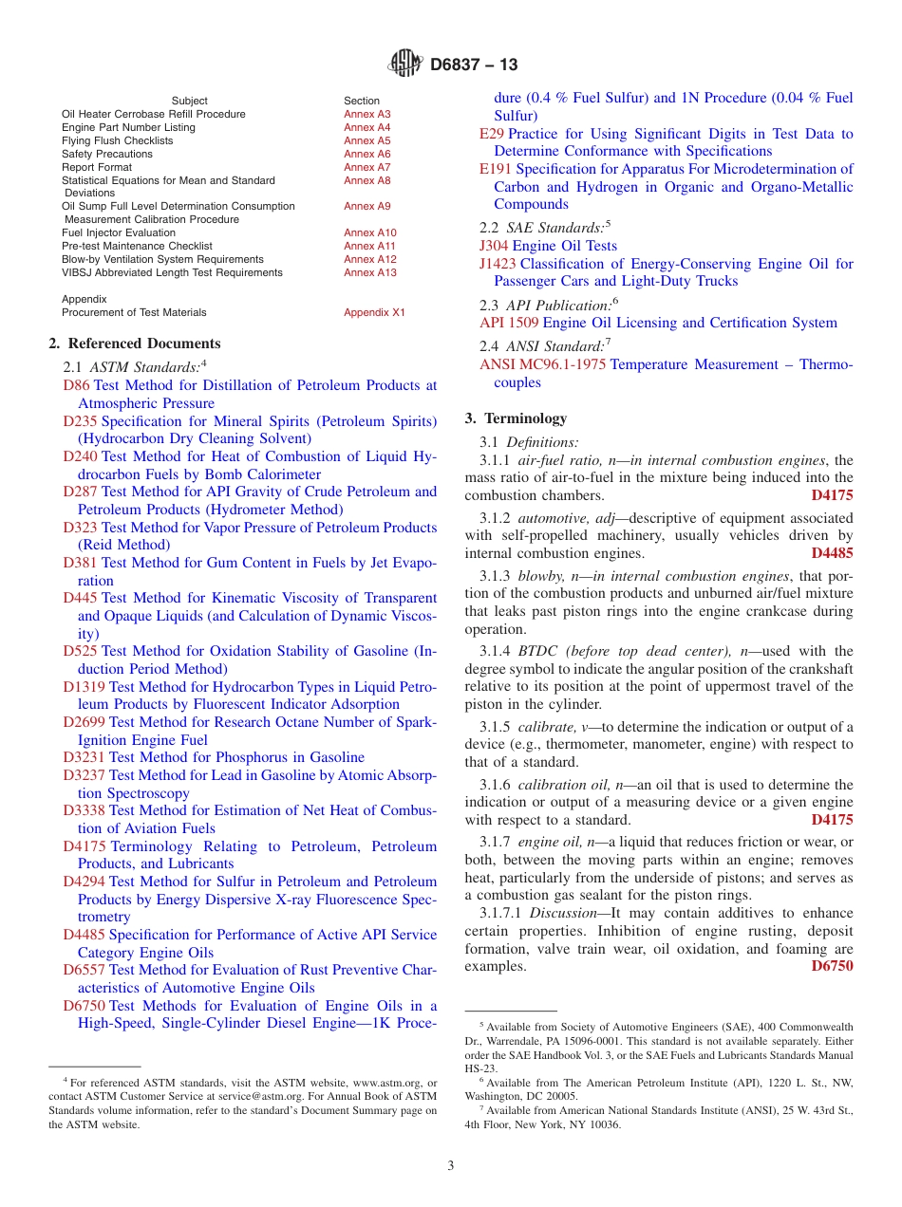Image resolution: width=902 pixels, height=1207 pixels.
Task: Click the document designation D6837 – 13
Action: click(474, 65)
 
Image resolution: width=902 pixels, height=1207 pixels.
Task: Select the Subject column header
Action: click(190, 101)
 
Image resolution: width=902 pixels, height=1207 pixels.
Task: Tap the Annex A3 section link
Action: click(366, 114)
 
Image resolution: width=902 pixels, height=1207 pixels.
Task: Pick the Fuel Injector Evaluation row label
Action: click(119, 232)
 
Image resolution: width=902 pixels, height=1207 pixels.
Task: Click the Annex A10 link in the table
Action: click(370, 232)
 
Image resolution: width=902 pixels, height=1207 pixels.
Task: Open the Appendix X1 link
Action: click(374, 312)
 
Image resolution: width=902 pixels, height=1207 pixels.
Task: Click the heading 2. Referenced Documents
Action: click(135, 344)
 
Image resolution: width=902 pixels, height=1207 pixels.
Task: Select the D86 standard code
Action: click(76, 385)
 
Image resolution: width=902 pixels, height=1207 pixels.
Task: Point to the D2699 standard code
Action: click(85, 722)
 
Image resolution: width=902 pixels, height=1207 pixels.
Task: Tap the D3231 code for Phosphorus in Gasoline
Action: click(85, 757)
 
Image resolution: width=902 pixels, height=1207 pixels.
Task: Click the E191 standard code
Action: click(496, 169)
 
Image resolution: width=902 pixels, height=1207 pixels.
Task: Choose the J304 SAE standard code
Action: click(495, 246)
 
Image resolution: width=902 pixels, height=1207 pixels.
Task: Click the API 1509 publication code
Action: click(509, 323)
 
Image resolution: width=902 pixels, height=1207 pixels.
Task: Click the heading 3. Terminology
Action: click(516, 418)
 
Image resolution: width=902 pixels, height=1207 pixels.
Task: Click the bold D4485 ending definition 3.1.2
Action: click(832, 553)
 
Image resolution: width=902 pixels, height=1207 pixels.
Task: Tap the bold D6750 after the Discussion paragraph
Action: click(832, 966)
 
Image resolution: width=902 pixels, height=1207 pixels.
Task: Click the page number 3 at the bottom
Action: click(451, 1165)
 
